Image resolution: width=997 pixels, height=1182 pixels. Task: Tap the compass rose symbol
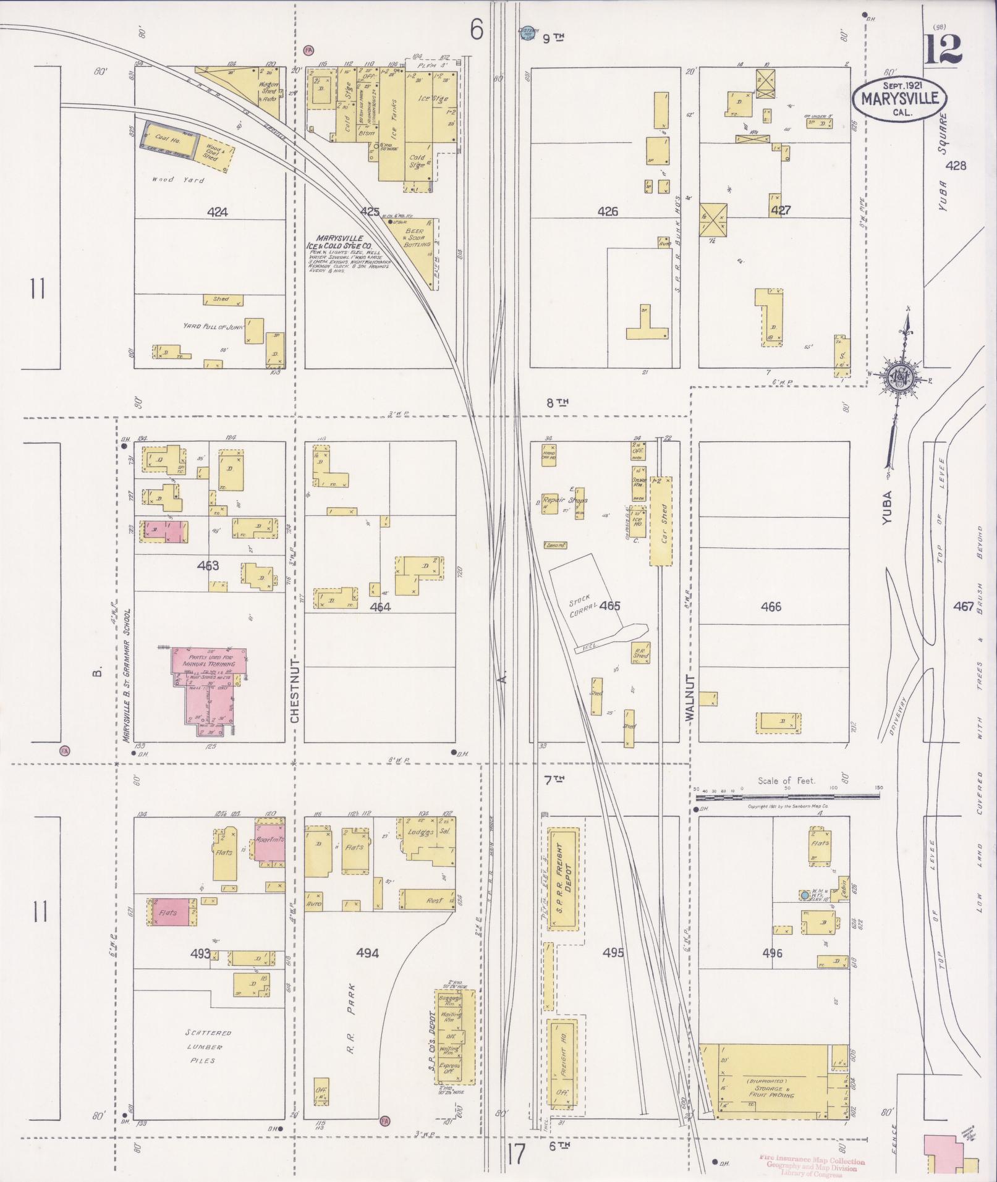click(x=899, y=376)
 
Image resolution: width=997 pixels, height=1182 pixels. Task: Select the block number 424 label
click(x=217, y=212)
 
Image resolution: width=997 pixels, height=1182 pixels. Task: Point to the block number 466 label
click(x=771, y=607)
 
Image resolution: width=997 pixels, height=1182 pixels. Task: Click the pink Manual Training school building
click(x=210, y=684)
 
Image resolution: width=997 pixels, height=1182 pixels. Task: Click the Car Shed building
click(x=661, y=520)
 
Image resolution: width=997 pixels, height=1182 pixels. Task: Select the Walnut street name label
click(x=690, y=697)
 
